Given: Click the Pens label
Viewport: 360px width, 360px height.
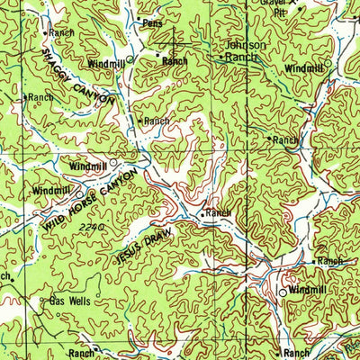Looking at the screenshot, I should coord(152,23).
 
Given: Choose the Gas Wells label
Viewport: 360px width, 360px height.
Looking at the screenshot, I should coord(69,302).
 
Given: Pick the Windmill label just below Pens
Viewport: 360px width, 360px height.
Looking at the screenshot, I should coord(106,64).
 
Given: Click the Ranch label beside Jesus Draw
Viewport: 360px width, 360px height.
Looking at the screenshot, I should coord(218,213).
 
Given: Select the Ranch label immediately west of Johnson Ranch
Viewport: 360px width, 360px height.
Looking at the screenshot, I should coord(175,61).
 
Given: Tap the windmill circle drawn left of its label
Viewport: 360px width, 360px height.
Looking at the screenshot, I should coord(282,292).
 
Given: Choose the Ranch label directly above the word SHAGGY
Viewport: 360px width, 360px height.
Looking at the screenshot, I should coord(61,32).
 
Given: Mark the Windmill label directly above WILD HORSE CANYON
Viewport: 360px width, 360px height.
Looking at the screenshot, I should coord(87,166).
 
